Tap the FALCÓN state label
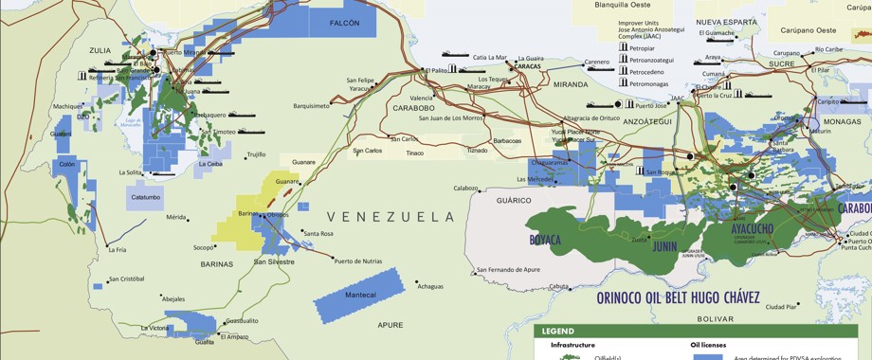[x=345, y=23]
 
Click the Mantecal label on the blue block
[x=360, y=296]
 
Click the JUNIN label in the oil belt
[x=664, y=246]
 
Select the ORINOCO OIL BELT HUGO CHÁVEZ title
[x=678, y=297]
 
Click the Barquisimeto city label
[x=312, y=106]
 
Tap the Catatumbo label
[x=146, y=198]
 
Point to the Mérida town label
[x=176, y=217]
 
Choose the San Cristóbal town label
[x=126, y=279]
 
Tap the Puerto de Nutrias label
[x=358, y=261]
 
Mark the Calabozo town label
[x=465, y=188]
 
